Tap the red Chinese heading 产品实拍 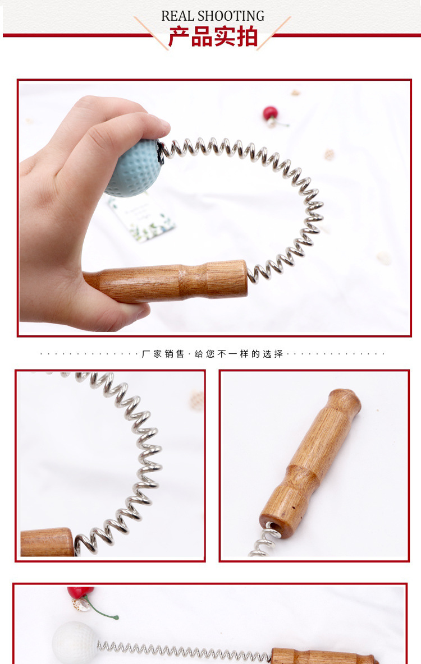point(213,36)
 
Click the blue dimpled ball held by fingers point(134,168)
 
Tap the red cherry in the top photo point(270,113)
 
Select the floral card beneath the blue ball point(141,218)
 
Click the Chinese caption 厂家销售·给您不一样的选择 point(212,354)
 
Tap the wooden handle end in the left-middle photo point(47,542)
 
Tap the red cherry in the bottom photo point(79,592)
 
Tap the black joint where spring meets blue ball point(160,153)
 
